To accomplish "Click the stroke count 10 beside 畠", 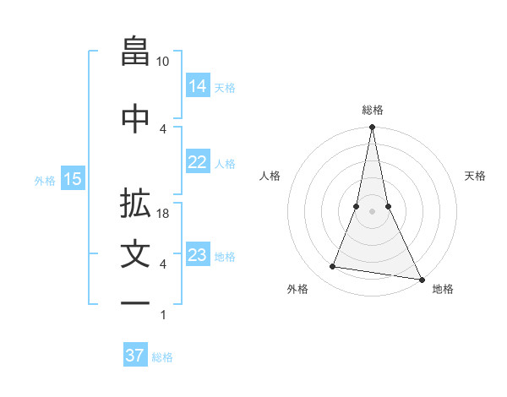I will click(x=163, y=62).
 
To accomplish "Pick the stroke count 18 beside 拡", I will click(x=163, y=214).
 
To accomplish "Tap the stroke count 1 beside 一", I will click(x=162, y=315).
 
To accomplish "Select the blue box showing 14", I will click(x=198, y=85).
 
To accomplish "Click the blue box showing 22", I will click(x=198, y=162).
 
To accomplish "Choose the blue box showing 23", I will click(x=198, y=255).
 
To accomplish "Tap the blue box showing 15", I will click(x=72, y=179).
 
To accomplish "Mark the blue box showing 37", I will click(x=135, y=356).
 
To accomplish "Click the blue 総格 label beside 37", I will click(x=163, y=356).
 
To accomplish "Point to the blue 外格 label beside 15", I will click(x=45, y=180).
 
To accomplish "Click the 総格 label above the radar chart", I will click(x=372, y=110).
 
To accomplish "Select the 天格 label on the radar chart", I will click(x=476, y=176).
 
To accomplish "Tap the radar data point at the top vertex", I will click(x=372, y=128).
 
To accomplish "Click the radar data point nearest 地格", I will click(x=421, y=279).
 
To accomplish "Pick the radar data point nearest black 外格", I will click(x=333, y=267).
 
